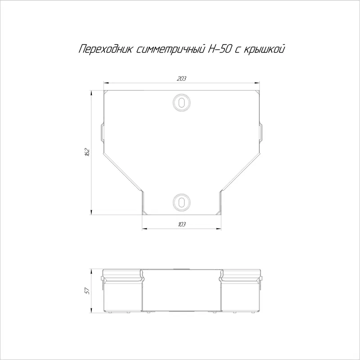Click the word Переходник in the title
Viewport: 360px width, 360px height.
(105, 49)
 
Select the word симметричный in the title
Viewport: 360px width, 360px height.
(171, 49)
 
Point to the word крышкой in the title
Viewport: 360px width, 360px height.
(264, 49)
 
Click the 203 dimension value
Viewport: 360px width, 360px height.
(181, 78)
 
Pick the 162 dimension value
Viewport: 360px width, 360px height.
(87, 152)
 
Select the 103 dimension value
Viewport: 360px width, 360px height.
(182, 224)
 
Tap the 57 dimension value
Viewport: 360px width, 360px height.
(87, 291)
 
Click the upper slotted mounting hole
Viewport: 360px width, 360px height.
(182, 103)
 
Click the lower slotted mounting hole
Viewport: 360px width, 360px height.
(182, 202)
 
